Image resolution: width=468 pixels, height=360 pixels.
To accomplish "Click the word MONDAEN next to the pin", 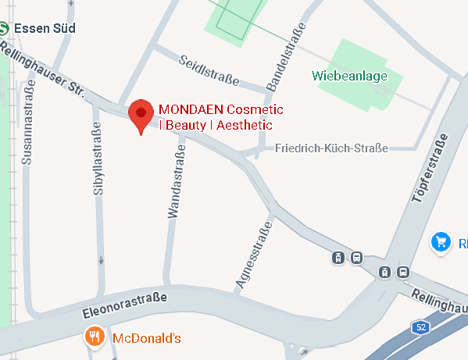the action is click(x=184, y=109).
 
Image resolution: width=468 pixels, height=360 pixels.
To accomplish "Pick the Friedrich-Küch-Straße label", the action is click(x=332, y=148).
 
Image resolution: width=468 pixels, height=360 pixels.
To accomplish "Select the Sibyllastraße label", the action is click(x=97, y=163).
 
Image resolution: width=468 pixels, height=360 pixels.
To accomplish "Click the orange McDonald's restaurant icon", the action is click(x=95, y=337).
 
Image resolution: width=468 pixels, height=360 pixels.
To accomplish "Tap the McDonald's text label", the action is click(x=147, y=338).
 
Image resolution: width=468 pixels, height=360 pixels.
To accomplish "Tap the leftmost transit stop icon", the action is click(x=338, y=257).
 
